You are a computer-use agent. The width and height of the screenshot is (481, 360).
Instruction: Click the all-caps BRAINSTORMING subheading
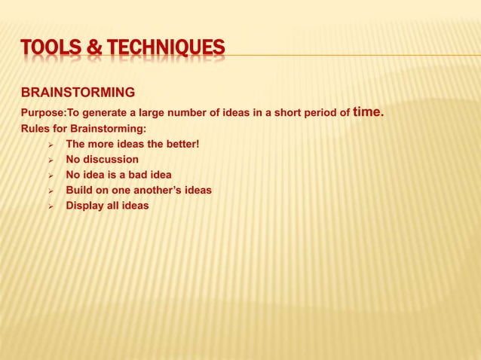[x=78, y=93]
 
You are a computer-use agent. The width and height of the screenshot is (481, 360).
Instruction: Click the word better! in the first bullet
[x=178, y=144]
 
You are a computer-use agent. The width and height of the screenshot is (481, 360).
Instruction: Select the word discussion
[x=111, y=160]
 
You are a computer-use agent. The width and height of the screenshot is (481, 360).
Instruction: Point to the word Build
[x=79, y=190]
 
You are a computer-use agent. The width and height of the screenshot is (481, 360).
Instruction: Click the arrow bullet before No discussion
[x=51, y=160]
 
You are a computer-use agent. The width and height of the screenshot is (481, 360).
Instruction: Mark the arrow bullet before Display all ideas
[x=51, y=206]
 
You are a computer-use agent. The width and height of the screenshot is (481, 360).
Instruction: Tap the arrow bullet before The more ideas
[x=51, y=145]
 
